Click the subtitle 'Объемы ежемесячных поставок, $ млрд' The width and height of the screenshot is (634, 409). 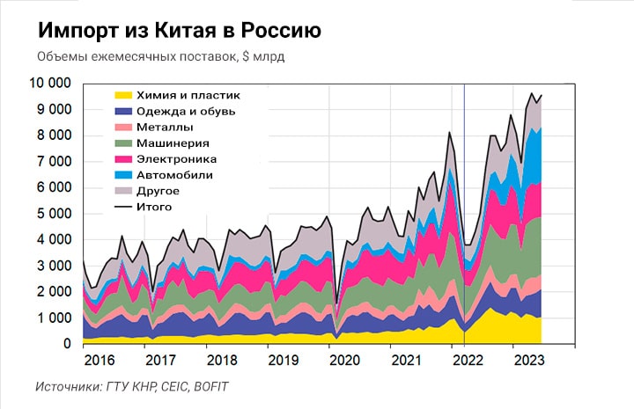pos(161,58)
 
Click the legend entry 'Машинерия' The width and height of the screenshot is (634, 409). pos(172,142)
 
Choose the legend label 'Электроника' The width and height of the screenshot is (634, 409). pos(176,158)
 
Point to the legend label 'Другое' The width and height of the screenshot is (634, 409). pos(159,190)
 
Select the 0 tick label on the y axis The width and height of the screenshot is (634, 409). pos(67,344)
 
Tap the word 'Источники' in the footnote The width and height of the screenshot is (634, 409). pos(69,387)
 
